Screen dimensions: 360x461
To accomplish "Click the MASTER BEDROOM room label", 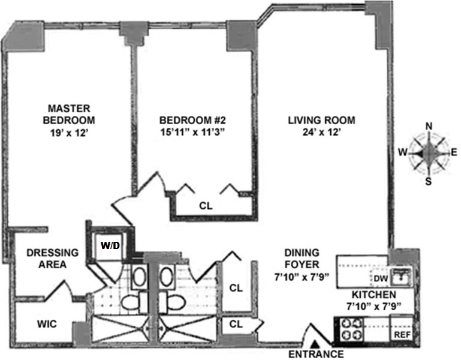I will coord(69,115).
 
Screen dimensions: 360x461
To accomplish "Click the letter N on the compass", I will coord(429,125).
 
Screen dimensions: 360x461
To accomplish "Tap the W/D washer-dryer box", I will coord(110,245).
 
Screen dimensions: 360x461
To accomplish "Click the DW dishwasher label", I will coord(381,278).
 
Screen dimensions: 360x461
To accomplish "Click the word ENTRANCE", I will coord(316,354).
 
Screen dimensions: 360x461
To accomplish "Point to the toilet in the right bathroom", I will coord(173,301).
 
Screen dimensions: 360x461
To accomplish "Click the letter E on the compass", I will coord(454,152).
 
